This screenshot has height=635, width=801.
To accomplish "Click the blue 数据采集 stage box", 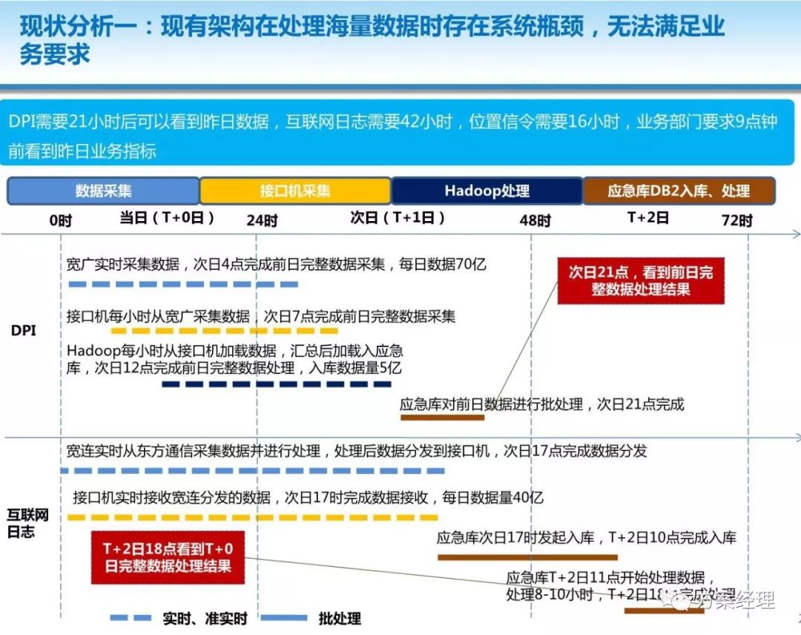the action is pos(103,191).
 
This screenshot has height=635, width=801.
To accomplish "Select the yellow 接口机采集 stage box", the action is pos(295,191).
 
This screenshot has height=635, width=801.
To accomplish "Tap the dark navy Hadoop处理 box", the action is pos(487,191).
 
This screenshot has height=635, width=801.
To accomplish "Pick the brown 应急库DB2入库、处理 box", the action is pos(679,191).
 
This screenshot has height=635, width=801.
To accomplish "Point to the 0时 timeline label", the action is pos(61,220).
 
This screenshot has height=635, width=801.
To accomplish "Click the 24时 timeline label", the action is pos(262,220).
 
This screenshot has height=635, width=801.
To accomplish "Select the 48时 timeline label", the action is pos(535,220).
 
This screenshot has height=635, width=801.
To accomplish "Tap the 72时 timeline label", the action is pos(736,220).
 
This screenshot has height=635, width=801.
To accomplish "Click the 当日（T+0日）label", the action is pos(167,217).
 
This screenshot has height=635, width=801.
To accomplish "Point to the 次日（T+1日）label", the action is pos(398,217).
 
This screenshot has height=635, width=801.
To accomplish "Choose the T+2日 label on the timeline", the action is pos(647,217).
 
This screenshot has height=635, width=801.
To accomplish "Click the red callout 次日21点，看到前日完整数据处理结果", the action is pos(641,280).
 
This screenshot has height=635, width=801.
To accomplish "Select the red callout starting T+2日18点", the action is pos(167,557).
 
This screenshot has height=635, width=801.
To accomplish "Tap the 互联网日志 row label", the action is pos(27,523).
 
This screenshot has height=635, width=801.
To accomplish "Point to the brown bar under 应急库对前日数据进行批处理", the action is pos(442,418).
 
